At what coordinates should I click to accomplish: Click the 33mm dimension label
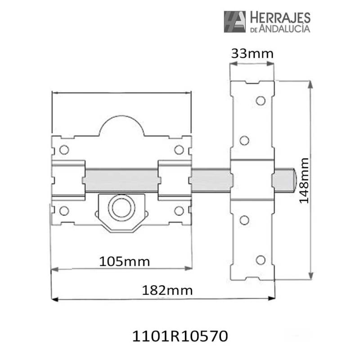point(252,54)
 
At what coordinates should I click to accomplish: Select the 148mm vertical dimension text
point(304,180)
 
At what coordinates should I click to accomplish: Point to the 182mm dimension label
point(167,290)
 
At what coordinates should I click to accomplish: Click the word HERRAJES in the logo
point(279,18)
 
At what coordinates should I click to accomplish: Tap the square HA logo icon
point(234,22)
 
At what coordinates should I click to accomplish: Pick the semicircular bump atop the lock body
point(121,126)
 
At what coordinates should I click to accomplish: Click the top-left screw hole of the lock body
point(64,149)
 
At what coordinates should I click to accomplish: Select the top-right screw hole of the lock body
point(179,149)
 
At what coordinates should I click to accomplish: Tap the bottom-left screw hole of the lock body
point(64,210)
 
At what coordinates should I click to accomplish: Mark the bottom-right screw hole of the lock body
point(179,210)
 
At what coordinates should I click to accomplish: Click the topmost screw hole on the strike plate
point(260,100)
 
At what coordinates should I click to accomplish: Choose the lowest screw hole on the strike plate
point(260,260)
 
